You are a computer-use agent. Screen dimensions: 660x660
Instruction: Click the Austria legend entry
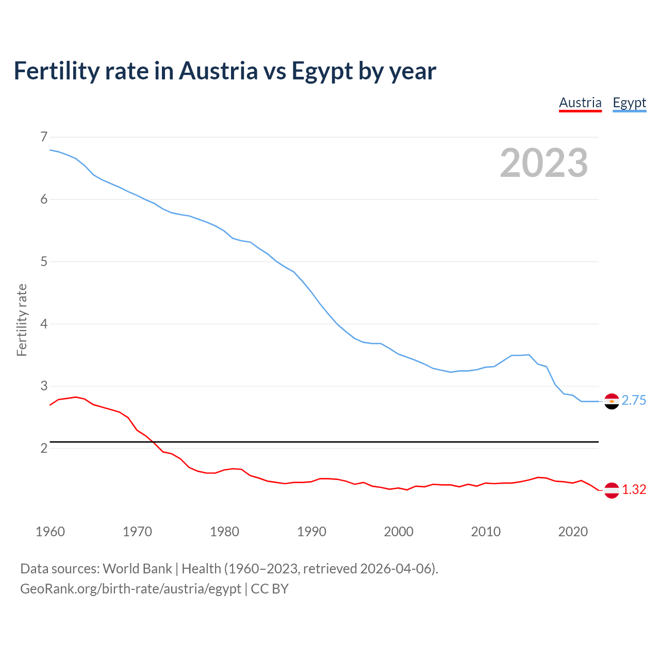[580, 103]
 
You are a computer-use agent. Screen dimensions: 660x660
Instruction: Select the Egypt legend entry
[629, 103]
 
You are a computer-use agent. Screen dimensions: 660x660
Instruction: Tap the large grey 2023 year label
[544, 163]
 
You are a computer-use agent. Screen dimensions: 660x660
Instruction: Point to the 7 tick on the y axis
[43, 137]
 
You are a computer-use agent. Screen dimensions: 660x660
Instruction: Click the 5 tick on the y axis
[43, 261]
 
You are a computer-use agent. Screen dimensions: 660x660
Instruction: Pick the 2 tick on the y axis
[43, 448]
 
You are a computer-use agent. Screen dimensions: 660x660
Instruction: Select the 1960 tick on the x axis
[50, 532]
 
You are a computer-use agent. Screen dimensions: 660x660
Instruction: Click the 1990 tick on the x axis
[311, 532]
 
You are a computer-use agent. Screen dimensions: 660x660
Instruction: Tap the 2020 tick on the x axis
[573, 532]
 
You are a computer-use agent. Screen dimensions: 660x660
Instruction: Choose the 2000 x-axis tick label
[399, 532]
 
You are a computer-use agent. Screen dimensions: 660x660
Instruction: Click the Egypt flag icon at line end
[612, 401]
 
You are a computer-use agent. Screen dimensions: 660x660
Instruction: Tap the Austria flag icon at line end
[612, 490]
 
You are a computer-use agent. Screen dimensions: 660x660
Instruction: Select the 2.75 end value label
[634, 401]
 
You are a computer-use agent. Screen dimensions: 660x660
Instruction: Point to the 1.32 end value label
[634, 490]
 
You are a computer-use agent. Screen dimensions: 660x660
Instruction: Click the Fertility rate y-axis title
[22, 320]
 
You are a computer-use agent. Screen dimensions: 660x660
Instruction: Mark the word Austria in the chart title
[218, 71]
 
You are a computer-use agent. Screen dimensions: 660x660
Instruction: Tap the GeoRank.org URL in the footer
[130, 589]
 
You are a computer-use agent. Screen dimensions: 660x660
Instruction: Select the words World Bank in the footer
[137, 569]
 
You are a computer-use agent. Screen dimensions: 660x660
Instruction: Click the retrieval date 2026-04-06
[395, 569]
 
